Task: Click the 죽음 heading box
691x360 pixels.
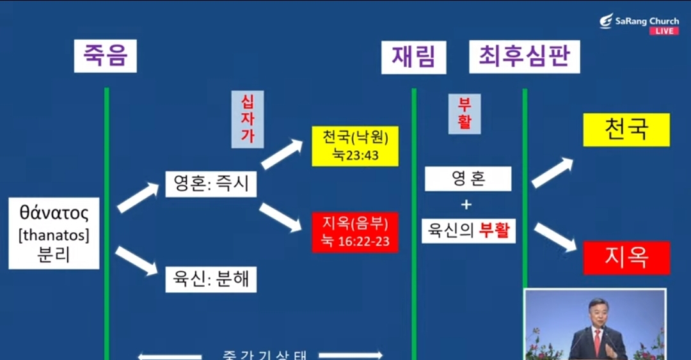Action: (105, 56)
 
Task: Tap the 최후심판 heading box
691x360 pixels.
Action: (524, 56)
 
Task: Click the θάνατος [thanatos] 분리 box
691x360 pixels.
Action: (54, 233)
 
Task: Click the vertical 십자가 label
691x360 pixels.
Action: (247, 119)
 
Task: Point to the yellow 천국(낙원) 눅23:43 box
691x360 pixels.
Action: (355, 146)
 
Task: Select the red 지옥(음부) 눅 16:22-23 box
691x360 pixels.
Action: (355, 232)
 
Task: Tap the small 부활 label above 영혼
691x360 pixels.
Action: (464, 114)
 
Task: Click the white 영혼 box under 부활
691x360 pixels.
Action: (468, 179)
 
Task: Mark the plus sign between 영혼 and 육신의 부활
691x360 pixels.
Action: (466, 205)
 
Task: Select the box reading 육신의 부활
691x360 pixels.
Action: (468, 230)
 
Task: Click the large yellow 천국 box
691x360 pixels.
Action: (626, 130)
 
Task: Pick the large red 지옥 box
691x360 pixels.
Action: (626, 257)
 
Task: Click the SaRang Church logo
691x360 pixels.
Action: (639, 21)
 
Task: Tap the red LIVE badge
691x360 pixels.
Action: (664, 31)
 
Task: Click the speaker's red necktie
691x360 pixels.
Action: (597, 342)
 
